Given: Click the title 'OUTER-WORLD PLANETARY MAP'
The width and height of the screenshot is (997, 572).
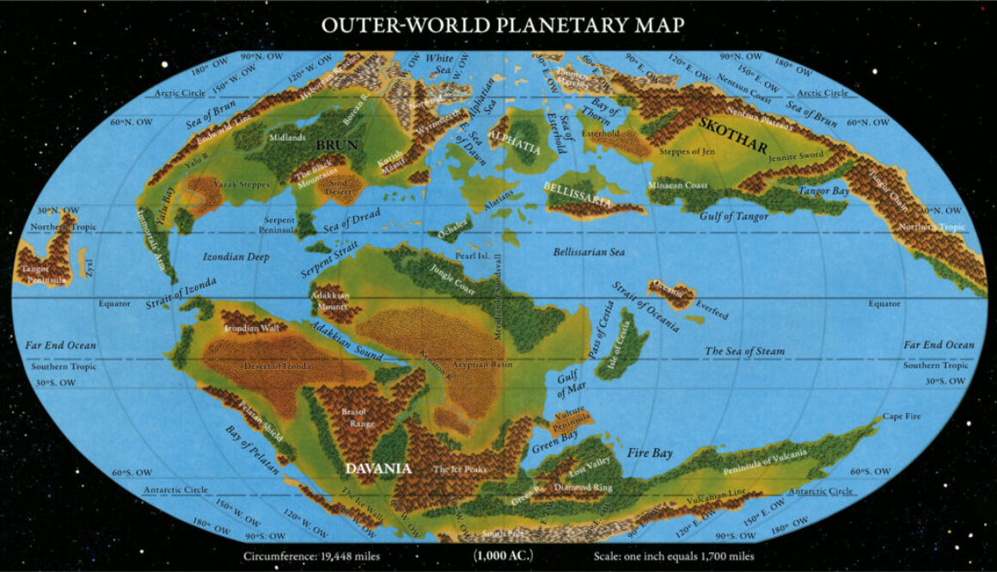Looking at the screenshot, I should pyautogui.click(x=503, y=24).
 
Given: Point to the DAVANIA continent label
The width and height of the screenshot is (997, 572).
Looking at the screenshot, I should pyautogui.click(x=379, y=469).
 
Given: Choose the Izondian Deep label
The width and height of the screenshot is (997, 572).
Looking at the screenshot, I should pyautogui.click(x=235, y=256).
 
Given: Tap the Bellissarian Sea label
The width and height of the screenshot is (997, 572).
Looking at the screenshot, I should pyautogui.click(x=588, y=252).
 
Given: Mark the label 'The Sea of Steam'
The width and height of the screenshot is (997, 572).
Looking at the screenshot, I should pyautogui.click(x=744, y=351).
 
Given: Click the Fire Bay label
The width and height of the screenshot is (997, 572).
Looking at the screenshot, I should pyautogui.click(x=650, y=452).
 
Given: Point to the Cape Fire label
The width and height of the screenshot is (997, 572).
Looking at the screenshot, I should pyautogui.click(x=901, y=416).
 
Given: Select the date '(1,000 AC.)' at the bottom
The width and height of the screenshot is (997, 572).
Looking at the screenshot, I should pyautogui.click(x=502, y=557).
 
